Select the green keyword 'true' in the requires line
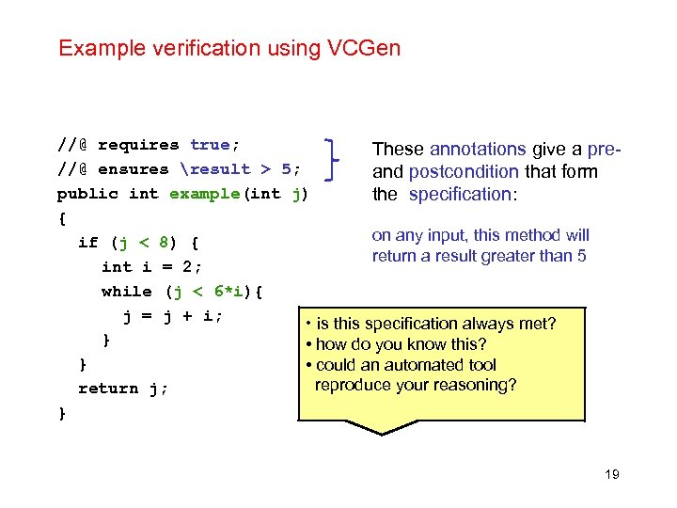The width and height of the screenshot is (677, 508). click(213, 145)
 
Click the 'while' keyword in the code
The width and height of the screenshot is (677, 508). click(126, 292)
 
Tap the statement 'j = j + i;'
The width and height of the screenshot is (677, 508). click(173, 316)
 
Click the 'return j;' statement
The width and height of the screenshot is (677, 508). click(122, 389)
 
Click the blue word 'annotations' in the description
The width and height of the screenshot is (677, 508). click(477, 150)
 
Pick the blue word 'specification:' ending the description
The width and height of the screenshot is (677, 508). click(460, 195)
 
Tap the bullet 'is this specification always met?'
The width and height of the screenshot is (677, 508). click(433, 324)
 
